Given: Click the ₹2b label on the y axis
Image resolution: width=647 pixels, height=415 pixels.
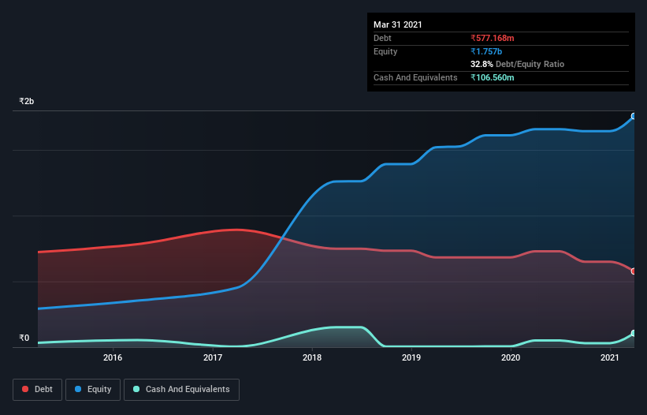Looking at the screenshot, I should tap(27, 102).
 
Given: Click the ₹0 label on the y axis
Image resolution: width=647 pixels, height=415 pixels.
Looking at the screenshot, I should tap(24, 338).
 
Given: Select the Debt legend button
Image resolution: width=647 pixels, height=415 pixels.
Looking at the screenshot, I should tap(36, 389).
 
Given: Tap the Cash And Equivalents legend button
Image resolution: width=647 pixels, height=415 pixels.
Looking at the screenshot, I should tap(181, 389).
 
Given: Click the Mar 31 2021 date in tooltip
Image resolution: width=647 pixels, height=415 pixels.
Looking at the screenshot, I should tap(398, 24).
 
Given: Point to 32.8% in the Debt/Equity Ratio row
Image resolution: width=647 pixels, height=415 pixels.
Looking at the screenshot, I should tap(482, 64).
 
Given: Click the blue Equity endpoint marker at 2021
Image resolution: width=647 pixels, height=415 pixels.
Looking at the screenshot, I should tap(634, 116).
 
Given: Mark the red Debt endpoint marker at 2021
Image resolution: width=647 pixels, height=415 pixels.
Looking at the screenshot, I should tap(634, 271).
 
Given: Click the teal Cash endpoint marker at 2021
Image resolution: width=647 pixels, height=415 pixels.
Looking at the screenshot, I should tap(634, 333).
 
